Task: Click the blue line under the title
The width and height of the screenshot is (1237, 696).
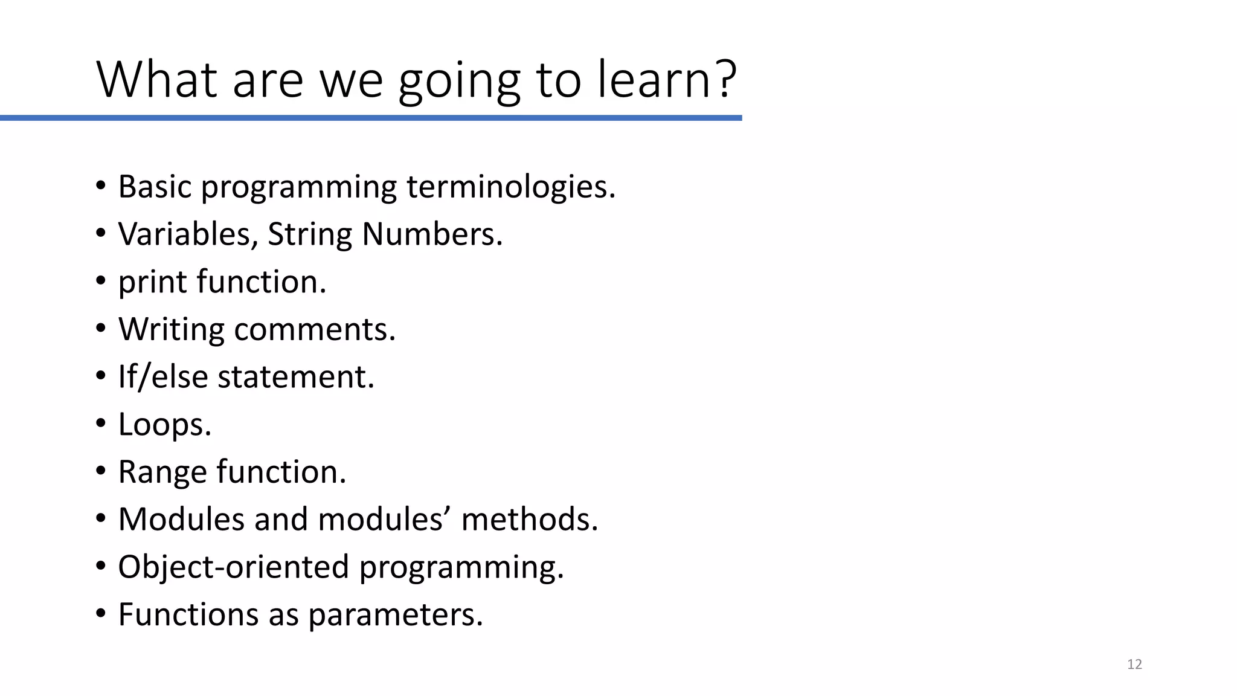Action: [x=371, y=118]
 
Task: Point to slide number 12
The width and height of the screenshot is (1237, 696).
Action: [x=1134, y=665]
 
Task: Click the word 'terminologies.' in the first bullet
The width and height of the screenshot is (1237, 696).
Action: [x=511, y=187]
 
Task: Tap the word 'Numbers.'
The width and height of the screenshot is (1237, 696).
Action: [x=432, y=234]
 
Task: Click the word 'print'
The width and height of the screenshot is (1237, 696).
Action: [x=152, y=282]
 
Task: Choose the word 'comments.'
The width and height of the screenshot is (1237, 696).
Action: [x=315, y=329]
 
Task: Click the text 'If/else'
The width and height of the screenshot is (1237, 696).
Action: [x=163, y=377]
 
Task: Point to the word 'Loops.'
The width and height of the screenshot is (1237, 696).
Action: [x=165, y=425]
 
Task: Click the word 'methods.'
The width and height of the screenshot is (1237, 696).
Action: [x=530, y=520]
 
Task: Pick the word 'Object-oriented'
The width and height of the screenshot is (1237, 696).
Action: [x=234, y=567]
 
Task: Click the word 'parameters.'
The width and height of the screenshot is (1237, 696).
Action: [x=396, y=615]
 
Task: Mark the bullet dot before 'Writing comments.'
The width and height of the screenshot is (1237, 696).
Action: [x=100, y=329]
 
